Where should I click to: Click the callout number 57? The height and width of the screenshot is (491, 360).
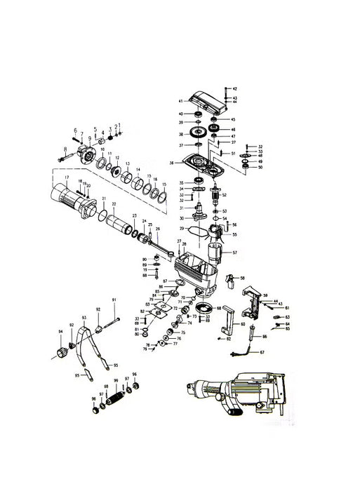click(235, 252)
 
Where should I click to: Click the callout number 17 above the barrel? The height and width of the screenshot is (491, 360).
click(66, 177)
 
